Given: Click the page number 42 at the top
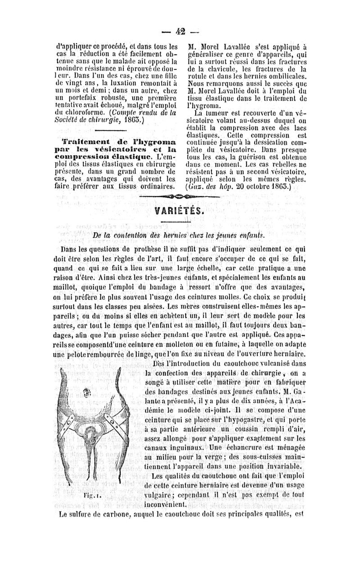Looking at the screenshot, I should point(180,32).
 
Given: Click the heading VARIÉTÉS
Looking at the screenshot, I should point(180,212).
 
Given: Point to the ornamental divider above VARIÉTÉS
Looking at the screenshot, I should point(180,197).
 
